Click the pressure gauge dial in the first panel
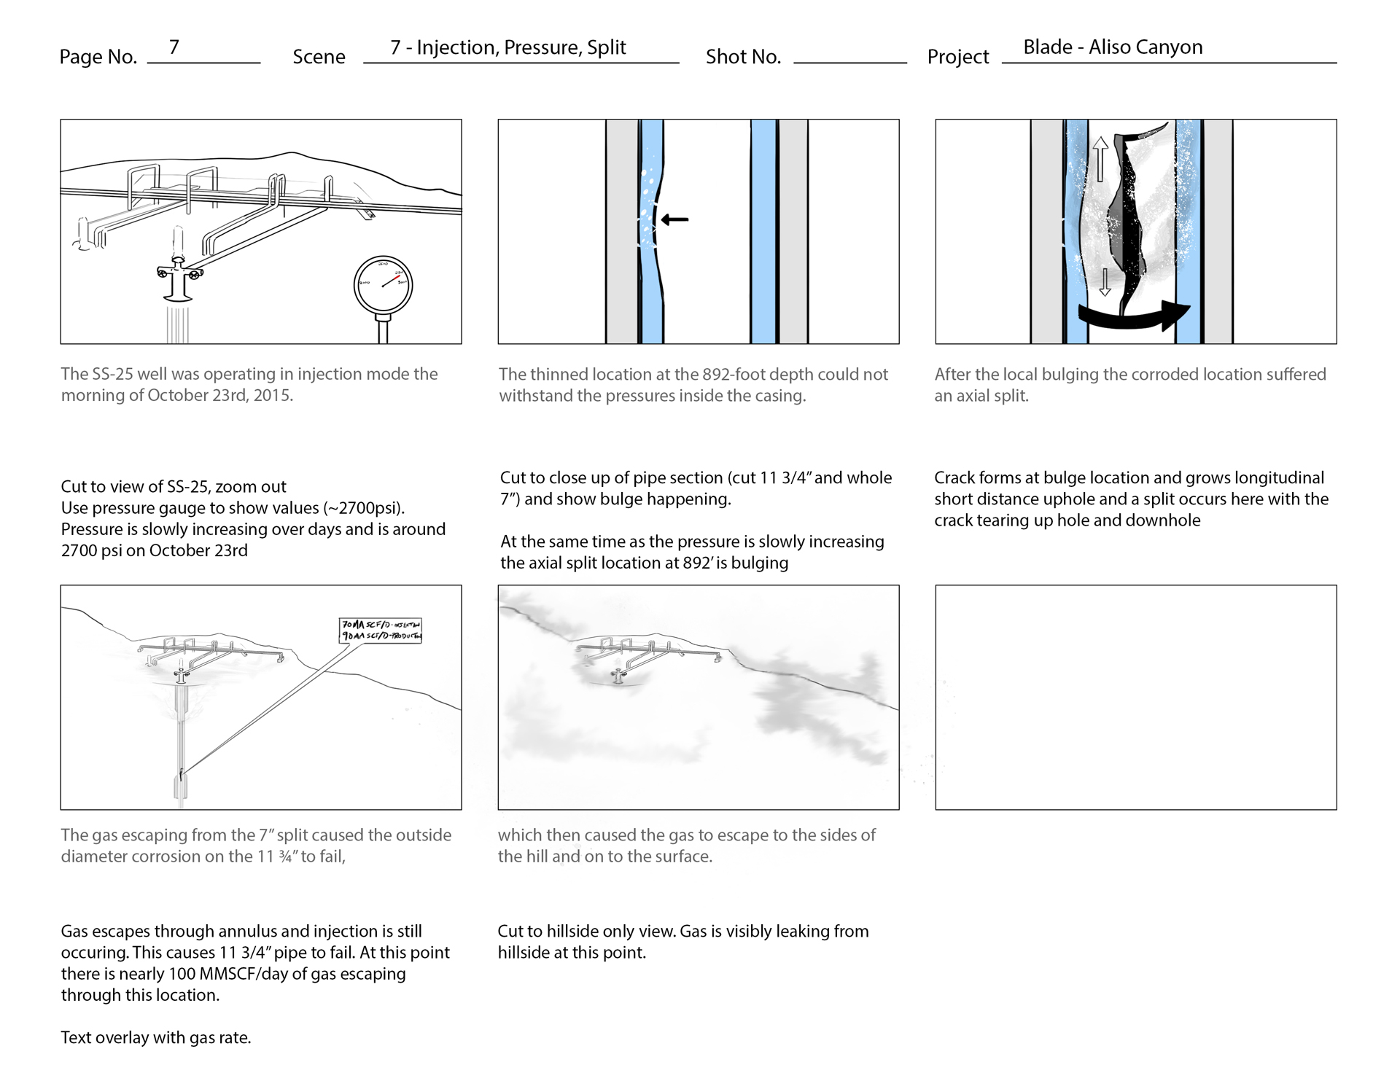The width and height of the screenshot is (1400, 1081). (x=383, y=286)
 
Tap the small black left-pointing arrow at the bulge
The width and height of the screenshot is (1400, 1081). (x=674, y=219)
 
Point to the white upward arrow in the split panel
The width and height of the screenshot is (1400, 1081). (x=1100, y=159)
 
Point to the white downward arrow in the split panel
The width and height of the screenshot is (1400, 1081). (x=1105, y=282)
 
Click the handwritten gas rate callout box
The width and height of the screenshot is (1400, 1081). (x=381, y=630)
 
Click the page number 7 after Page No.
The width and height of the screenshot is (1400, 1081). (x=174, y=47)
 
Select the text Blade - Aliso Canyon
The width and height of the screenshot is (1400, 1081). (x=1112, y=47)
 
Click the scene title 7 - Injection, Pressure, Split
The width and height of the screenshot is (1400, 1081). (x=507, y=47)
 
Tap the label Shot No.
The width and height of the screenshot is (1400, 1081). (x=742, y=57)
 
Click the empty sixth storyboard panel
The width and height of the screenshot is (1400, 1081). (x=1135, y=697)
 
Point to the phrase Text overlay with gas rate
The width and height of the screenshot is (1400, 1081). (x=155, y=1037)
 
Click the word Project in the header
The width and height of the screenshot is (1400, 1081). (x=957, y=57)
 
